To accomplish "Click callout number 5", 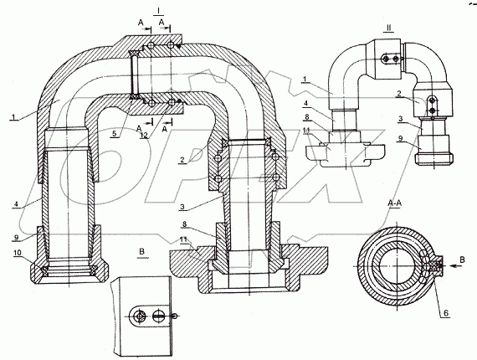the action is (114, 134).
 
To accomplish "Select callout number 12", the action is (144, 136).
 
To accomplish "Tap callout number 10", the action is (18, 253).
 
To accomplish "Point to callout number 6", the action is (445, 313).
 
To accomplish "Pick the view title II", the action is (388, 28).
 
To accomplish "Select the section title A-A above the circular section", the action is (394, 203).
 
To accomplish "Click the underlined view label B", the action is (141, 251).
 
